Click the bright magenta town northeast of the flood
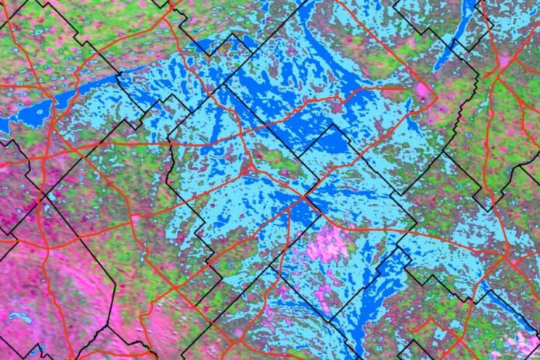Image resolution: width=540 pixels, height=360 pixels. click(424, 91)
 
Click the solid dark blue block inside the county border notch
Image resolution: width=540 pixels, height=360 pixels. click(330, 140)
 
